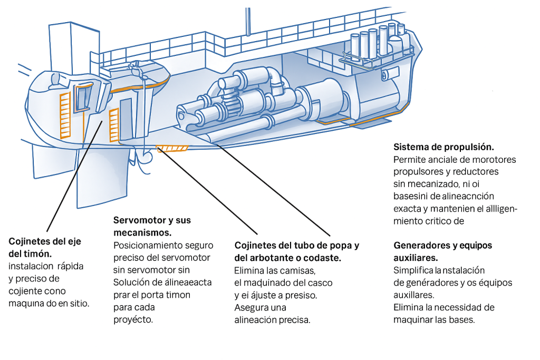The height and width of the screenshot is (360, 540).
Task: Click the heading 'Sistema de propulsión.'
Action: click(443, 147)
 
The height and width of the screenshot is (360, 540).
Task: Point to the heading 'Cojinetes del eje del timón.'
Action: click(45, 247)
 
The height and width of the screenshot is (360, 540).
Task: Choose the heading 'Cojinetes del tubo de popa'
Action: click(296, 246)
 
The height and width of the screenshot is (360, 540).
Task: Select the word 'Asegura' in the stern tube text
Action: click(250, 307)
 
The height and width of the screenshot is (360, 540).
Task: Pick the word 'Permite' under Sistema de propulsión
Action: click(409, 159)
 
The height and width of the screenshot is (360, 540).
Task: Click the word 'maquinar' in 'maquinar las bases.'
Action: click(413, 320)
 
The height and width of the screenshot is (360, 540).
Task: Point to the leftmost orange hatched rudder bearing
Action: click(65, 115)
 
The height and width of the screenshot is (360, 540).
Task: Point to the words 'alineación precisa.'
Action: click(272, 320)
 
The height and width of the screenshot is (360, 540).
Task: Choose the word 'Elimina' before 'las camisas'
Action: click(248, 270)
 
